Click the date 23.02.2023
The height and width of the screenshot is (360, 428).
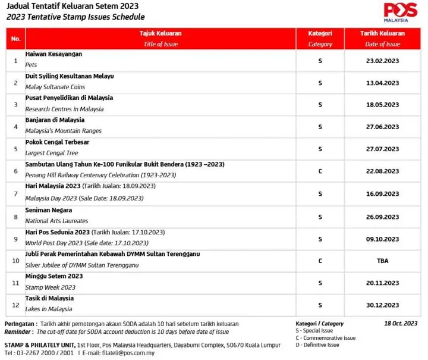click(382, 60)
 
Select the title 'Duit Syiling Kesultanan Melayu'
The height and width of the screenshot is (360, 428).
click(70, 76)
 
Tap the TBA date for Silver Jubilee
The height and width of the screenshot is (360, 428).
click(382, 260)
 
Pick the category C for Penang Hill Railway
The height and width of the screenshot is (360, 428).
click(320, 171)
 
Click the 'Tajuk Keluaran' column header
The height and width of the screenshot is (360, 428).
click(160, 34)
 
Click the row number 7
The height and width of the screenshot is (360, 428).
click(15, 193)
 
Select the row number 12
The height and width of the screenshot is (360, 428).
click(15, 305)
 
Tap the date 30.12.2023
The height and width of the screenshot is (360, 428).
click(382, 305)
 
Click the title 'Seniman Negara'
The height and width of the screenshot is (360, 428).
click(49, 210)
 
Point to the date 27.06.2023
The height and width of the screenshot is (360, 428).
click(382, 126)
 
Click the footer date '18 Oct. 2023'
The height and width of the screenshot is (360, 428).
click(401, 324)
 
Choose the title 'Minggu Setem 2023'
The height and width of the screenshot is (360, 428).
click(54, 276)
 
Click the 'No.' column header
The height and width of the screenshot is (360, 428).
click(15, 39)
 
